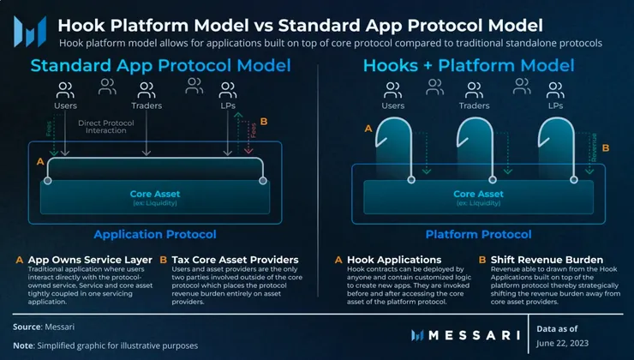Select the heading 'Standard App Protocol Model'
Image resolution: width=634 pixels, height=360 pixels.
pyautogui.click(x=160, y=65)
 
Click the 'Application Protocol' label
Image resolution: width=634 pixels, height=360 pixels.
pyautogui.click(x=154, y=234)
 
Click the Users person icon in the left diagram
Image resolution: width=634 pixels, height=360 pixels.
pyautogui.click(x=66, y=89)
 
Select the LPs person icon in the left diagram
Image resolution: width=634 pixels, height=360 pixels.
pyautogui.click(x=228, y=89)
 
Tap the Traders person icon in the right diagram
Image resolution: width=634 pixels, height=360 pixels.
pyautogui.click(x=475, y=89)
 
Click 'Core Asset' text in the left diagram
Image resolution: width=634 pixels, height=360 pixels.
pyautogui.click(x=154, y=195)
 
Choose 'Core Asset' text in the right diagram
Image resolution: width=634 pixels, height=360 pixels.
pyautogui.click(x=476, y=195)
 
